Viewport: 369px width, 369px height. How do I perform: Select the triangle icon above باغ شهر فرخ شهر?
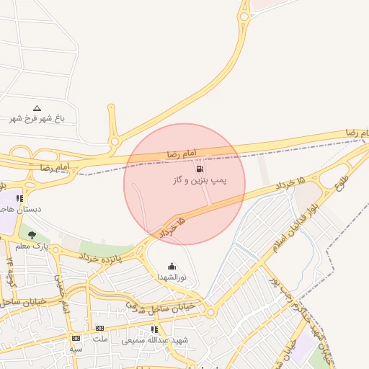tap(37, 108)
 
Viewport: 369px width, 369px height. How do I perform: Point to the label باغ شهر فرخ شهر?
tap(37, 118)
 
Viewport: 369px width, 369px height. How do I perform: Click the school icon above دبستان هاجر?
tap(19, 198)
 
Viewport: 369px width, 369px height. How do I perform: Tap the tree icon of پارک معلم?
tap(31, 235)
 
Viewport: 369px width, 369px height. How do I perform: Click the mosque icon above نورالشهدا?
tap(171, 267)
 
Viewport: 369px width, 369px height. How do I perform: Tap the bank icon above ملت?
tap(99, 329)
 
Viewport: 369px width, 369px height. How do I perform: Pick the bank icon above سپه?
tap(76, 338)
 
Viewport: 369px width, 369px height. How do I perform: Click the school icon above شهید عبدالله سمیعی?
tap(154, 329)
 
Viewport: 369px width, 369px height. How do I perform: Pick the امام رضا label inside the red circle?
tap(177, 153)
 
